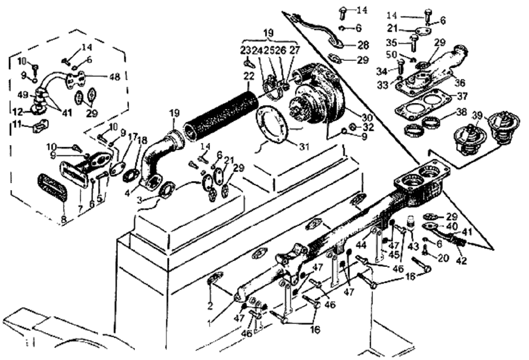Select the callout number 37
462,97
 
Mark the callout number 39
478,116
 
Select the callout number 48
115,76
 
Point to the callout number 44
361,245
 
